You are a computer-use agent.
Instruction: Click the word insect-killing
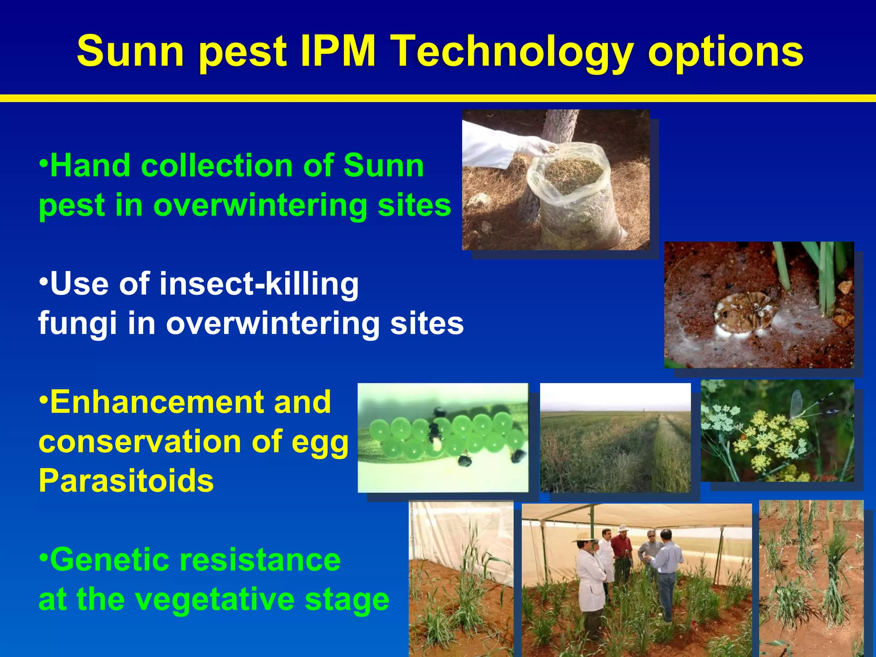(x=259, y=284)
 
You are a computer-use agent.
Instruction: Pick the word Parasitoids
(x=126, y=481)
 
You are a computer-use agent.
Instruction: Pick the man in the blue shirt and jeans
(x=666, y=569)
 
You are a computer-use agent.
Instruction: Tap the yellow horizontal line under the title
(x=438, y=98)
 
